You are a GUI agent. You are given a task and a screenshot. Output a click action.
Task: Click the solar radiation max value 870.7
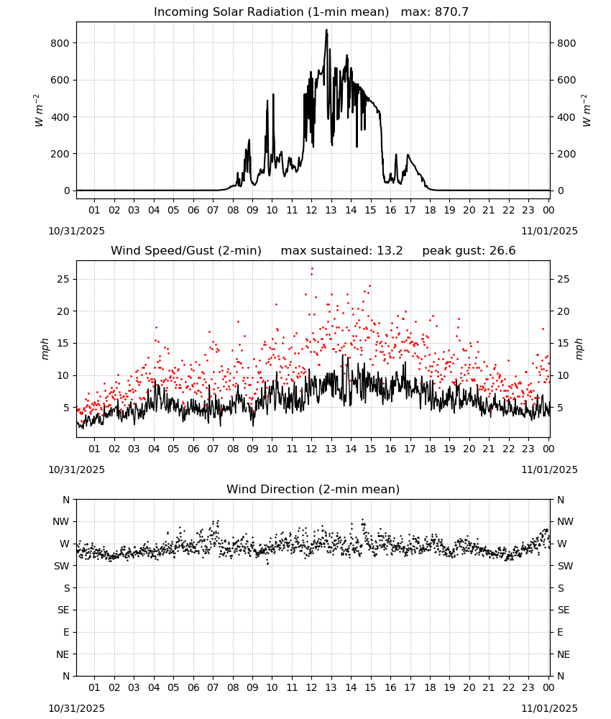pos(451,12)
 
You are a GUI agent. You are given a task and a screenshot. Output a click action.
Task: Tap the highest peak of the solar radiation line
pos(326,29)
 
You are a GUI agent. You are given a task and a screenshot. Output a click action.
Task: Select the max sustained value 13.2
pos(390,251)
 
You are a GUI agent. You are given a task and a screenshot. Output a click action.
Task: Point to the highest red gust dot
pos(312,269)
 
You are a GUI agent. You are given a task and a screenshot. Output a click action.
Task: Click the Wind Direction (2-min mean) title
pos(313,489)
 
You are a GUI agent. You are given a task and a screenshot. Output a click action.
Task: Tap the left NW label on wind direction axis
pos(61,521)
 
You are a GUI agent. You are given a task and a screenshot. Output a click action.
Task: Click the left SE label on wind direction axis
pos(63,610)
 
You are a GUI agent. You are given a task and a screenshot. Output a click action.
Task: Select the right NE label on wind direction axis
pos(564,654)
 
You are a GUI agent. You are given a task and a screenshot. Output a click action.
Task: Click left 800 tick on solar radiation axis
pos(60,43)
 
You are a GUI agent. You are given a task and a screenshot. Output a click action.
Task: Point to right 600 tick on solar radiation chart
pos(566,80)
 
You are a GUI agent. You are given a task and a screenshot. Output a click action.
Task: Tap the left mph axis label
pos(45,349)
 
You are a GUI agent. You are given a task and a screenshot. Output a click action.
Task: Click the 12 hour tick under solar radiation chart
pos(311,210)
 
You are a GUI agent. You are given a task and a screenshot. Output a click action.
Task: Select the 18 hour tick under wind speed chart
pos(430,449)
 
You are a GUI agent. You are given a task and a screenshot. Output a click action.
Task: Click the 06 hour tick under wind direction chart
pos(193,687)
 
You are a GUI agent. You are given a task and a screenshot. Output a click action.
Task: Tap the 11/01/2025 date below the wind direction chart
pos(549,708)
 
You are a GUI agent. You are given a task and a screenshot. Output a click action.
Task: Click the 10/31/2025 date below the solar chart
pos(76,231)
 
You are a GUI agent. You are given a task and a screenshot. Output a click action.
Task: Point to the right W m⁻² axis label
pos(587,111)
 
